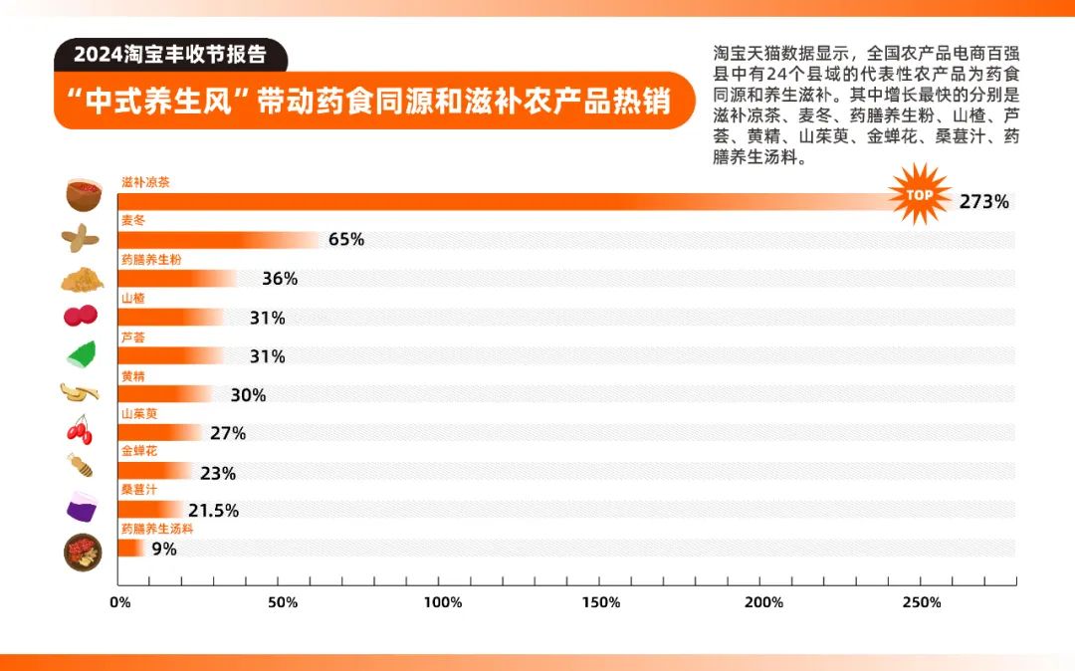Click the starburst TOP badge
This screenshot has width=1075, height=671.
click(x=920, y=194)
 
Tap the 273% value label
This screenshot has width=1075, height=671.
click(x=984, y=202)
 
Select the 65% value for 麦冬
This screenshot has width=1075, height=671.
click(x=346, y=240)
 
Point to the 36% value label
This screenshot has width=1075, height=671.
click(x=280, y=279)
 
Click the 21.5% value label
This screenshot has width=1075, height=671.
click(x=214, y=511)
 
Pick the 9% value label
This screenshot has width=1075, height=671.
click(x=164, y=549)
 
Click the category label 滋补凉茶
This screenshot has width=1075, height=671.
click(x=145, y=182)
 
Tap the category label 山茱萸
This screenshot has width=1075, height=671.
click(x=139, y=413)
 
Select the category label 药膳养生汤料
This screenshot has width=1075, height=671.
click(x=156, y=529)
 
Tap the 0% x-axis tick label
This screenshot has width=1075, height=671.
click(x=119, y=603)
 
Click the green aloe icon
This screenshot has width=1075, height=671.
click(x=81, y=354)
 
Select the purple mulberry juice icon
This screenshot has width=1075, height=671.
click(x=81, y=507)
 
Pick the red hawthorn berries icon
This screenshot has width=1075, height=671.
click(x=81, y=316)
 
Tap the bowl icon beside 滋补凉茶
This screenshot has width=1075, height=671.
click(x=83, y=194)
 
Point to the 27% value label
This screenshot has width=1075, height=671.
click(x=228, y=433)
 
